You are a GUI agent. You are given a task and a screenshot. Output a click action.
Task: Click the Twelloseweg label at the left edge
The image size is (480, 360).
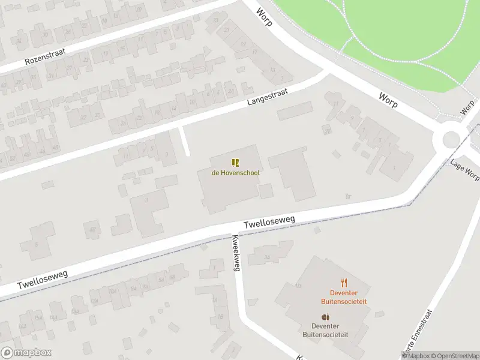pyautogui.click(x=42, y=278)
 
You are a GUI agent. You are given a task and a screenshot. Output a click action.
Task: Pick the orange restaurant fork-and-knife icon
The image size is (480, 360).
pyautogui.click(x=344, y=283)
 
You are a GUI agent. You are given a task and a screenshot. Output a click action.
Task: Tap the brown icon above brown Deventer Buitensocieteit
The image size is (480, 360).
pyautogui.click(x=325, y=317)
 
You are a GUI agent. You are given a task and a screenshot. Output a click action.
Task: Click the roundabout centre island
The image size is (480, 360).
pyautogui.click(x=451, y=140)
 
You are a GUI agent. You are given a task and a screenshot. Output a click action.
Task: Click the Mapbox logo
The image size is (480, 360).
pyautogui.click(x=26, y=352)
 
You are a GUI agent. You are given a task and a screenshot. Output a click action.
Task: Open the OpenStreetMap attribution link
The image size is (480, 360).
pyautogui.click(x=454, y=356)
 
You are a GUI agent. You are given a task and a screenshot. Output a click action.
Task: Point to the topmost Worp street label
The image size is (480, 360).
pyautogui.click(x=264, y=17)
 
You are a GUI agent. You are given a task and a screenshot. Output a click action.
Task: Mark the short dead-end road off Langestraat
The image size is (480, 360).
pyautogui.click(x=185, y=141)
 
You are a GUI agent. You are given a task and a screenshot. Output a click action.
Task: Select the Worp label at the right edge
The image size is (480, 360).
pyautogui.click(x=467, y=107)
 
